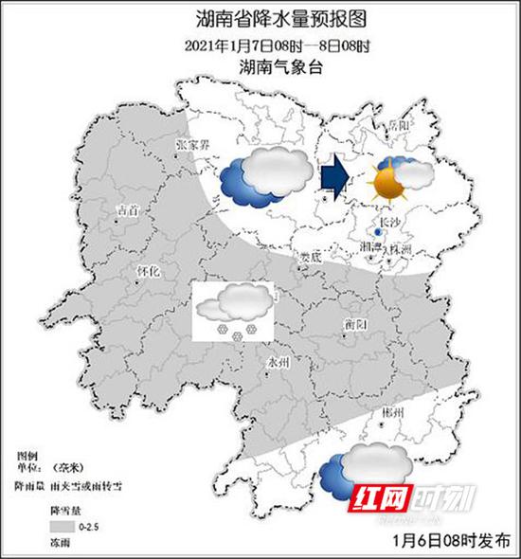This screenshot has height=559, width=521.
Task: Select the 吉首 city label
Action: (124, 208)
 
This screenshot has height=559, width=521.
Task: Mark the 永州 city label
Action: (276, 362)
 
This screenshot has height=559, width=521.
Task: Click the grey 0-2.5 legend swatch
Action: (62, 526)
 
